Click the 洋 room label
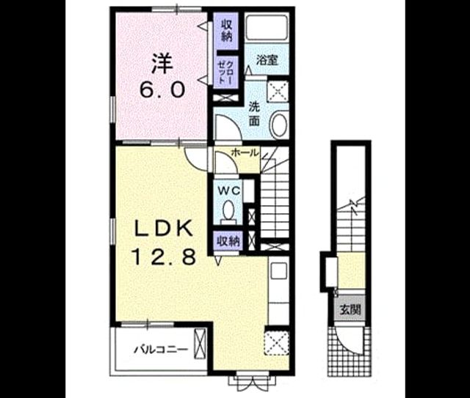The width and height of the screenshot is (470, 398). [162, 63]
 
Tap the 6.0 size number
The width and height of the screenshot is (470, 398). [162, 89]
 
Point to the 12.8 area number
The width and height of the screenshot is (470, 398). [164, 257]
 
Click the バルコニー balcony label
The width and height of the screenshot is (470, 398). [162, 349]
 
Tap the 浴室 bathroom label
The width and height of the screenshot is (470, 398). [267, 60]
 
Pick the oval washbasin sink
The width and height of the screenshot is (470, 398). [279, 125]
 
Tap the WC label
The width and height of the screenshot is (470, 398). [228, 191]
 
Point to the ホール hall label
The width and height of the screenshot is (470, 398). [245, 152]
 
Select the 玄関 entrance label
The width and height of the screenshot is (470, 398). [350, 310]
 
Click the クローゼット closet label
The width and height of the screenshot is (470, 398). [226, 72]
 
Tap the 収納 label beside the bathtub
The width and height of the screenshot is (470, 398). [227, 30]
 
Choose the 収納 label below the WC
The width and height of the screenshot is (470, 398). [228, 241]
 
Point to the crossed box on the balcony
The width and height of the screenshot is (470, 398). [200, 344]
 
